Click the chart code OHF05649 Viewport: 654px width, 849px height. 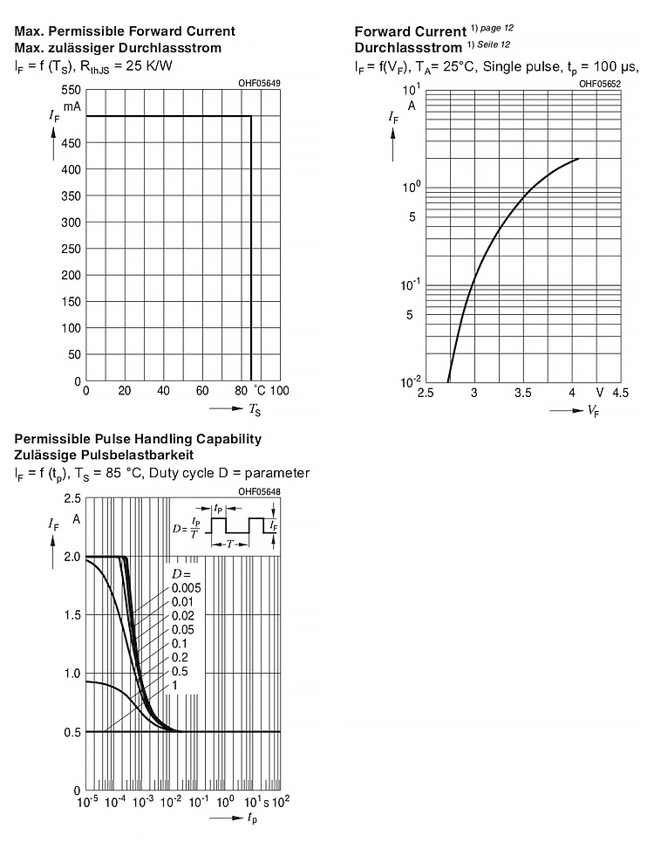tap(259, 83)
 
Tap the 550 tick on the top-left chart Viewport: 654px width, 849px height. tap(71, 90)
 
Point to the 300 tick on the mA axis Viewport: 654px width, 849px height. tap(71, 223)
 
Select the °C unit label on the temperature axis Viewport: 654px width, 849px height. tap(260, 390)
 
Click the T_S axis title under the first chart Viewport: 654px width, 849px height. tap(255, 408)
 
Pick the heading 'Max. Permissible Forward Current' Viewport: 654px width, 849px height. tap(125, 31)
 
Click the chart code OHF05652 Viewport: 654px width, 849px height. tap(600, 83)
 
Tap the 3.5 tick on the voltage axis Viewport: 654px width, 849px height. tap(522, 394)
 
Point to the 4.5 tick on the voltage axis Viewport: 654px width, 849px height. tap(620, 394)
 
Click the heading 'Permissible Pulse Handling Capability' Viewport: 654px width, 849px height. tap(138, 439)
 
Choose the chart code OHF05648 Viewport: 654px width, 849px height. tap(259, 491)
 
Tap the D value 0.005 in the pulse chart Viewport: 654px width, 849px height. tap(186, 587)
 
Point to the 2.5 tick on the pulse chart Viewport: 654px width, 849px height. tap(72, 498)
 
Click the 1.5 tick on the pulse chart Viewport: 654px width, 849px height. tap(72, 615)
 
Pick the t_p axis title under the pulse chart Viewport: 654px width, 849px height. tap(251, 818)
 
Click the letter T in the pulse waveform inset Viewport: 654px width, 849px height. tap(229, 543)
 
